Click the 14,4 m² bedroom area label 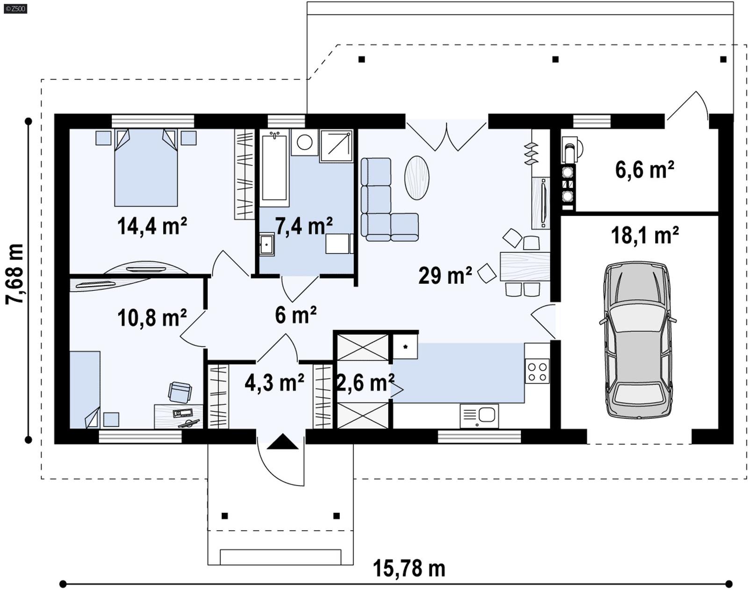click(152, 226)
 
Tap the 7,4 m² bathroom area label click(303, 226)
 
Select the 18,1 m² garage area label click(645, 236)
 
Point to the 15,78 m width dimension click(409, 569)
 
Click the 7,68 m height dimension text click(15, 274)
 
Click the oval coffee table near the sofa click(416, 178)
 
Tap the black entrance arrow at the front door click(282, 442)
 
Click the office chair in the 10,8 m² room click(180, 392)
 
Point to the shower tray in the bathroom click(336, 146)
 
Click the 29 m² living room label click(445, 275)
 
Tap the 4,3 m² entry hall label click(274, 383)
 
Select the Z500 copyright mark click(15, 8)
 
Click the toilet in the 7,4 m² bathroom click(304, 142)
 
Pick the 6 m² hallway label click(295, 315)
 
